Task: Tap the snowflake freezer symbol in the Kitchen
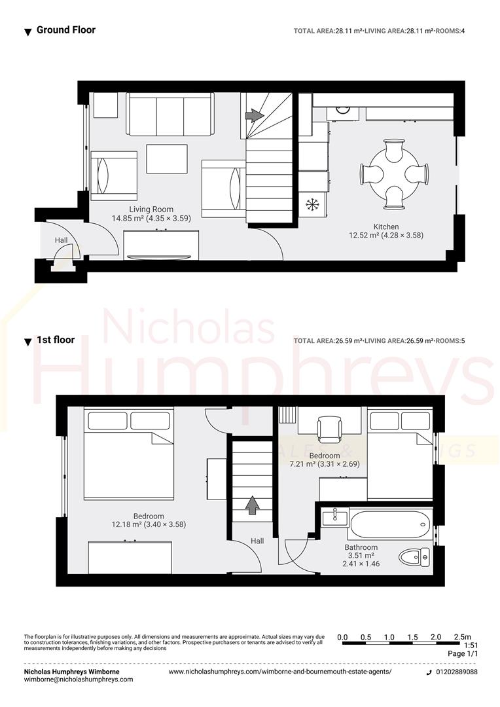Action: (312, 205)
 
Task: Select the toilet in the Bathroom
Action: (414, 558)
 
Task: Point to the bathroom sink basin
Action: (336, 518)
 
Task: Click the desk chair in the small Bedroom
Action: (329, 429)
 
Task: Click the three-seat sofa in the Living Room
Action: (170, 115)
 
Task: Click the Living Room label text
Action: (151, 209)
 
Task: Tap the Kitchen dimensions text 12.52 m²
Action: (385, 235)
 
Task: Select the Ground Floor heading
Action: (65, 29)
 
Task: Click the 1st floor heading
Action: (55, 340)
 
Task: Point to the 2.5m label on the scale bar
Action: (461, 637)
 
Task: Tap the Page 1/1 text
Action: (463, 653)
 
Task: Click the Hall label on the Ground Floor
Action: (61, 240)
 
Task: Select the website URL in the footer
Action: (280, 672)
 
